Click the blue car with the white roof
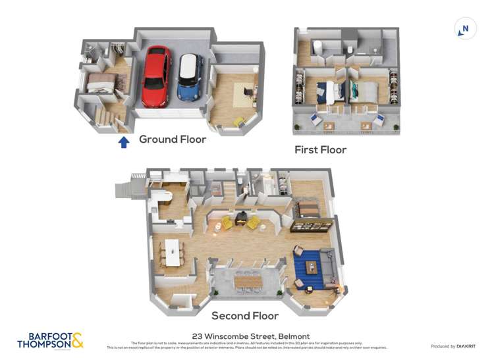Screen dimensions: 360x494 pos(190,76)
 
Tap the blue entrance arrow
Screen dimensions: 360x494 pos(123,141)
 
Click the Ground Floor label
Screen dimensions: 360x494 pos(172,140)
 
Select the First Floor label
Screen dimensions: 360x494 pos(320,149)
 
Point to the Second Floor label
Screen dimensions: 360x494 pos(245,315)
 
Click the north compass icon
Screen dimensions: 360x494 pos(465,29)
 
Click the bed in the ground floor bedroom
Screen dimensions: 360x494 pos(101,83)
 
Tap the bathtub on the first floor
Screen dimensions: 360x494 pos(317,47)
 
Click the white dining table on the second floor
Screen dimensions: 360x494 pos(173,252)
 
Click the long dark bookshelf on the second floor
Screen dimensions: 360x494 pos(311,226)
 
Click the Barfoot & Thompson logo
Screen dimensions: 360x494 pos(50,340)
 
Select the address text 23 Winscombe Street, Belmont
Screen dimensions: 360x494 pos(250,336)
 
